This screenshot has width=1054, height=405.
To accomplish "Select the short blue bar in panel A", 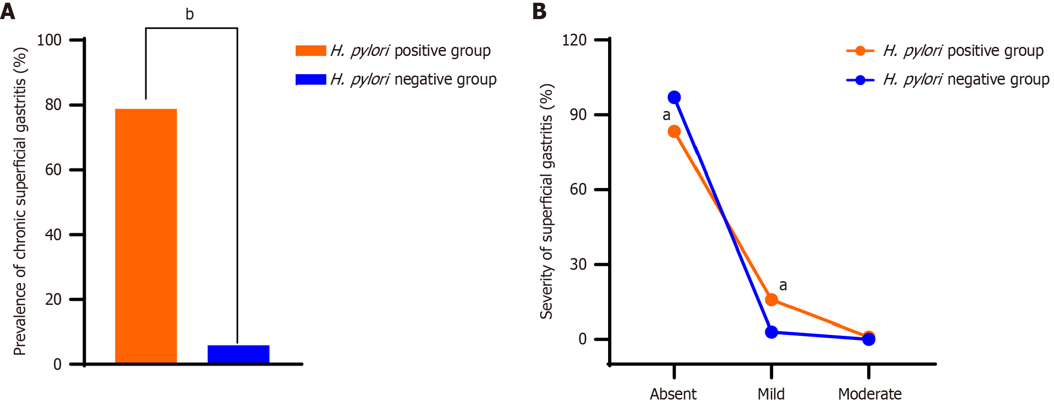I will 238,354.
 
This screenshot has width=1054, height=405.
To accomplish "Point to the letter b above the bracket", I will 189,15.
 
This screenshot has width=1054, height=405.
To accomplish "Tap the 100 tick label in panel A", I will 49,40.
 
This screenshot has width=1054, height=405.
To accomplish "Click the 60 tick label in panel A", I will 53,170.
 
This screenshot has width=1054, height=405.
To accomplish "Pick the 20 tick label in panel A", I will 53,299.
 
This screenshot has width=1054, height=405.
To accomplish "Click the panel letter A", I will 8,11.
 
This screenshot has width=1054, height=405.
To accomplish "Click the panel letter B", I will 539,11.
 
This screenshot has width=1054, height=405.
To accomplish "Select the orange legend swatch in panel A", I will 311,51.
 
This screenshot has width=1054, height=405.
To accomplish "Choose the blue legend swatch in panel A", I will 311,80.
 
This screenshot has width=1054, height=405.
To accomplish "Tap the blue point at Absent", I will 674,97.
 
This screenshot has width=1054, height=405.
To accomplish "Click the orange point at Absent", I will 674,132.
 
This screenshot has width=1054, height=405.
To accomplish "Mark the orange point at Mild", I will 771,299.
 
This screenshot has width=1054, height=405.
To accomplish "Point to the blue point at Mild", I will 771,332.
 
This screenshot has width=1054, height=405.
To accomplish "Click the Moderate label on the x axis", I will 870,394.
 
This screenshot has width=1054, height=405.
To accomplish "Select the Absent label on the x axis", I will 673,394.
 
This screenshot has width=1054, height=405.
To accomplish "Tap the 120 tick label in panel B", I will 574,40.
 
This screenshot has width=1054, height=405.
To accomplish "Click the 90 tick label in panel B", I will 578,115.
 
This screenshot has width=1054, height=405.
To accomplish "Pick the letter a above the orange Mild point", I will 783,285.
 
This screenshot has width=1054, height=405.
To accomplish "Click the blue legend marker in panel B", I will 860,80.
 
